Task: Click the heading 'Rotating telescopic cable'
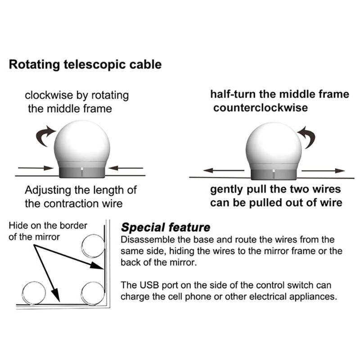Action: (x=85, y=64)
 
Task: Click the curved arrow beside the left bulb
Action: (x=46, y=135)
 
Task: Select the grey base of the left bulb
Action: (x=82, y=171)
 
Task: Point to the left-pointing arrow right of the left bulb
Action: (x=126, y=168)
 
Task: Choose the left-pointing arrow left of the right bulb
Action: (x=222, y=171)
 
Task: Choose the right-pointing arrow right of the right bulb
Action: (x=323, y=171)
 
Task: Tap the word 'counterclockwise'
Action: (x=261, y=108)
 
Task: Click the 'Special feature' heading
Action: (x=166, y=227)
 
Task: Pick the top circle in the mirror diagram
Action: (x=93, y=246)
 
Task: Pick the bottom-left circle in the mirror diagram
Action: (x=34, y=293)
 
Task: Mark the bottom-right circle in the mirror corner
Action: (x=93, y=292)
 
